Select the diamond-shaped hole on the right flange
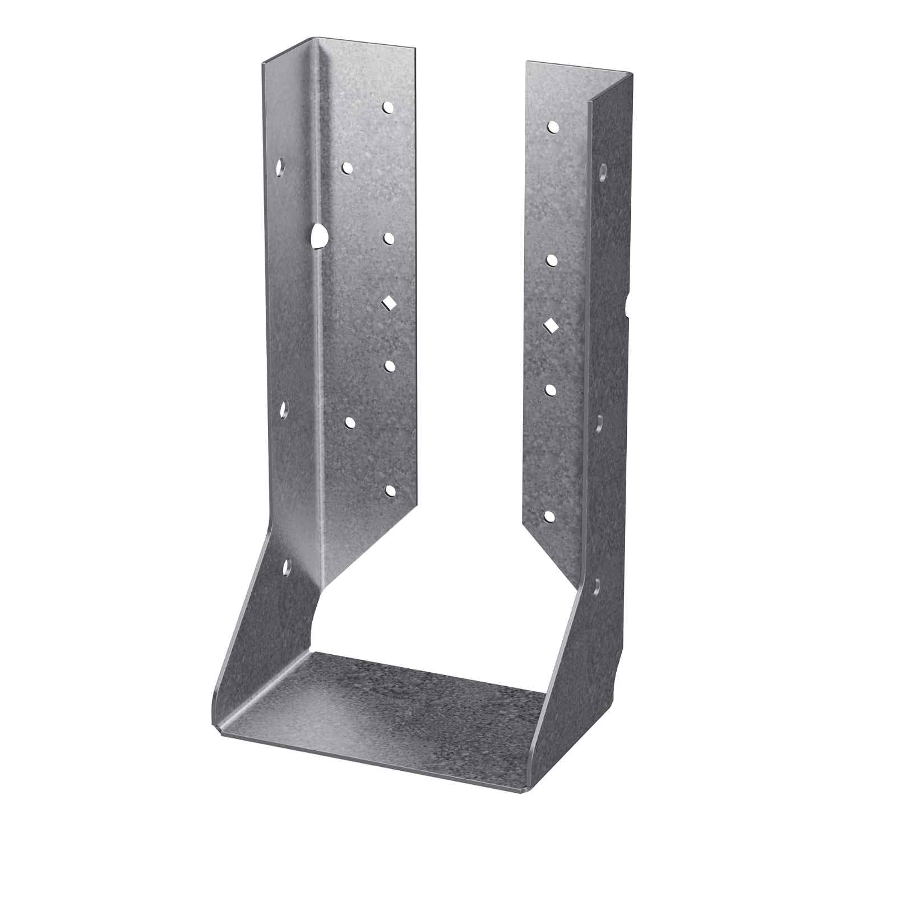pyautogui.click(x=551, y=325)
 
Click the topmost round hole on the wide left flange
pyautogui.click(x=387, y=107)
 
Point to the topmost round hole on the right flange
pyautogui.click(x=552, y=127)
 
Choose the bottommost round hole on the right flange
pyautogui.click(x=550, y=516)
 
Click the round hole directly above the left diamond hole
pyautogui.click(x=389, y=239)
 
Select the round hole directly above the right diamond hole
pyautogui.click(x=552, y=260)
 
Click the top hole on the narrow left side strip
pyautogui.click(x=280, y=167)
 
